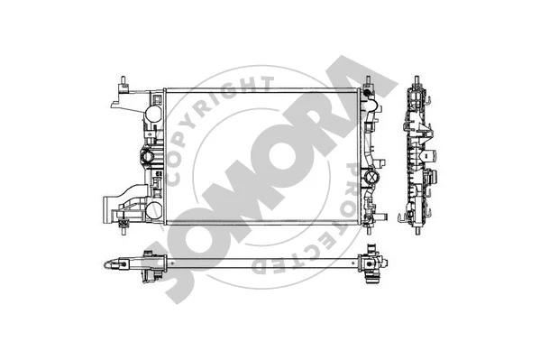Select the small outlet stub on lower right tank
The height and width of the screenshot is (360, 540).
pyautogui.click(x=384, y=216)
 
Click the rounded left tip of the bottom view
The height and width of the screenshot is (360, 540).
pyautogui.click(x=105, y=265)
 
